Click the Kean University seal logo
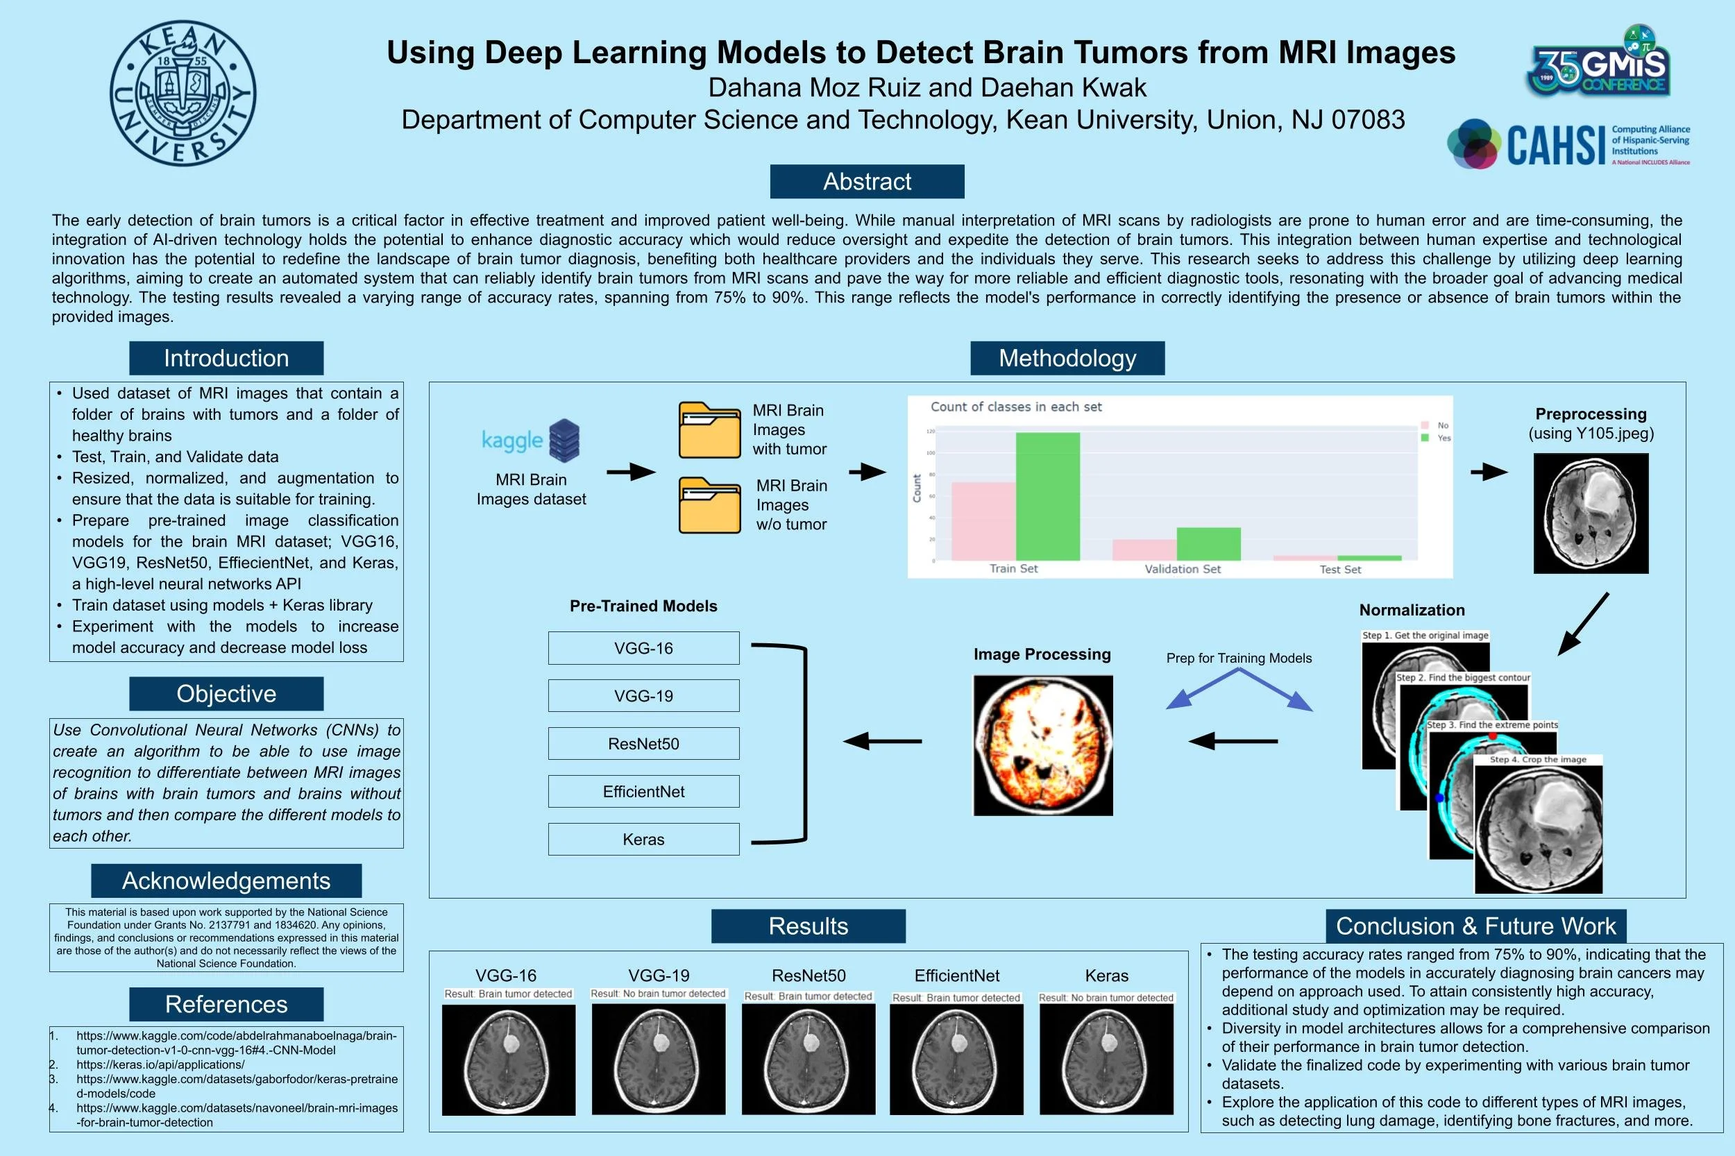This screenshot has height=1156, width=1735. (183, 93)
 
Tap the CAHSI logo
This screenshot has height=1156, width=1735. (1568, 144)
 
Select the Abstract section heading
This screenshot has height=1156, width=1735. (866, 181)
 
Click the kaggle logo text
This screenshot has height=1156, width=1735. (511, 440)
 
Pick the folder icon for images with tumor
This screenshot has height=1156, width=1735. (709, 430)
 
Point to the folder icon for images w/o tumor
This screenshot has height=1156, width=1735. (709, 505)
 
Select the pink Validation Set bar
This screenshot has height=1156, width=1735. (1144, 550)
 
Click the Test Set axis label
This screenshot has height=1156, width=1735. (1340, 569)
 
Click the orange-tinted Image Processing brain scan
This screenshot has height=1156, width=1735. (1042, 745)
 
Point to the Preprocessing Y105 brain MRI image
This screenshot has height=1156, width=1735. (1591, 513)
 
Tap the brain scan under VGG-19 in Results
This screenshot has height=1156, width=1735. (658, 1059)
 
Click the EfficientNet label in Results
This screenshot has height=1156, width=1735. (956, 976)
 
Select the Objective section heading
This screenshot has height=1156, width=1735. (226, 694)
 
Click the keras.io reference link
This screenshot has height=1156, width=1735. (160, 1064)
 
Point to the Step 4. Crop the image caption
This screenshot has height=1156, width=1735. (1537, 759)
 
